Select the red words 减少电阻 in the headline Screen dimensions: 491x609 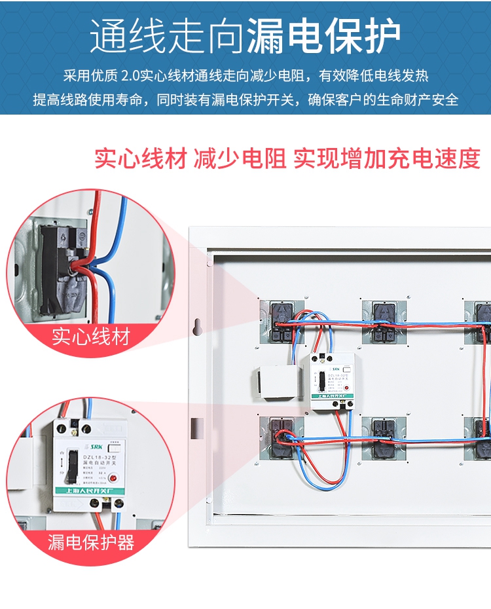240,158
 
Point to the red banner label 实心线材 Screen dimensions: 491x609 91,337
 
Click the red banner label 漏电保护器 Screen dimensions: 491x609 91,542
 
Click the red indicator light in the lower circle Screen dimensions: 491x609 113,478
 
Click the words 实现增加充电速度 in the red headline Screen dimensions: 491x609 387,158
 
